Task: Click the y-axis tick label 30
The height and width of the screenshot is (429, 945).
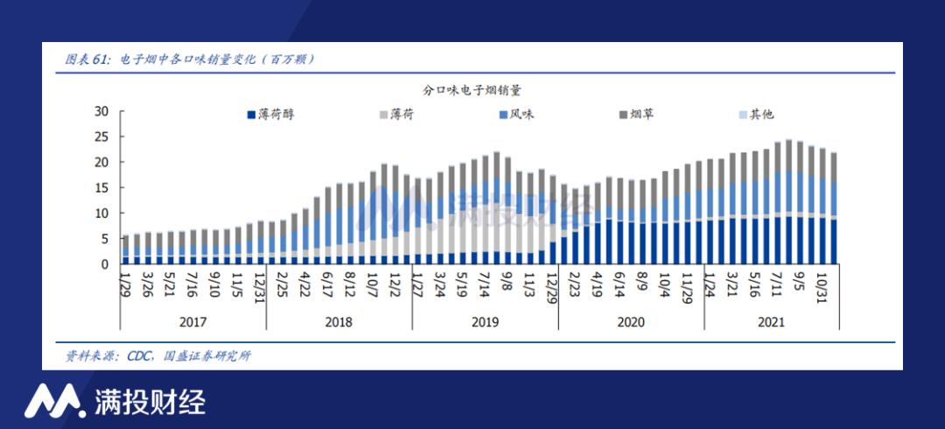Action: pos(101,111)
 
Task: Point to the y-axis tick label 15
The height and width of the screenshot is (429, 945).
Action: pos(101,187)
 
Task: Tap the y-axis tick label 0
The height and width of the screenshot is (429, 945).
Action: pos(104,264)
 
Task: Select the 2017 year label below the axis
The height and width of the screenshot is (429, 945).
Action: pos(192,322)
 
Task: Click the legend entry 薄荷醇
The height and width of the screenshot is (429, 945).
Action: pos(276,115)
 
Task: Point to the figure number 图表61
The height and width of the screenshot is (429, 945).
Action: pos(87,60)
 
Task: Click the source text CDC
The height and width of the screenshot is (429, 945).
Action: pos(140,356)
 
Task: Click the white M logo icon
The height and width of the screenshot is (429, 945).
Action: pos(53,402)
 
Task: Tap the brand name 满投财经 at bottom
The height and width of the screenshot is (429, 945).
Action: pos(150,402)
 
